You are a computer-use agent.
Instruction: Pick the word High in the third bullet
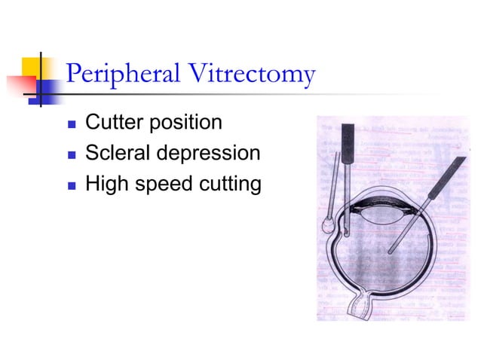tap(106, 183)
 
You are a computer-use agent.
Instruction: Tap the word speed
tap(158, 184)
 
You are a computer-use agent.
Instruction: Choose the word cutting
tap(227, 184)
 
